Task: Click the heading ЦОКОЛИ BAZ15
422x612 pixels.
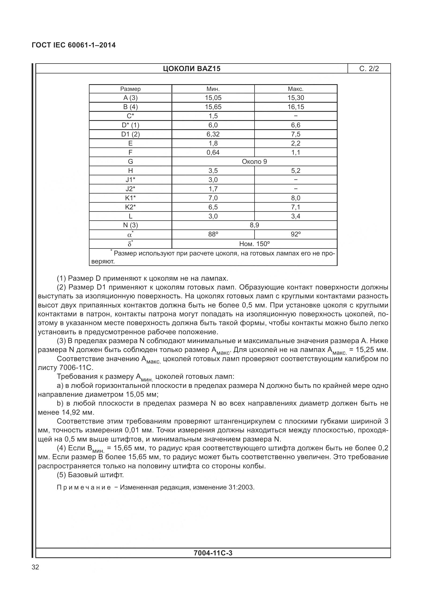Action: point(192,69)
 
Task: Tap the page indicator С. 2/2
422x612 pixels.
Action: point(369,69)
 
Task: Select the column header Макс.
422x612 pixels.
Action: point(296,89)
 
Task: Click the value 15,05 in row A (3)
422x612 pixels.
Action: point(213,98)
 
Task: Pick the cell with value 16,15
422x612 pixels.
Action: point(296,107)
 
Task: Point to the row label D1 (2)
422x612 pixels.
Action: point(130,134)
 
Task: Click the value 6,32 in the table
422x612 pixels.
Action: point(213,134)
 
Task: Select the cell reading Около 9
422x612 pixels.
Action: point(254,162)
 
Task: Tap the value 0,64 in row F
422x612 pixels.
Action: point(213,153)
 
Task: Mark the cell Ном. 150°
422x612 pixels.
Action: point(254,244)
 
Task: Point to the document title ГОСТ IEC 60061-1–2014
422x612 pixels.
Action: point(74,45)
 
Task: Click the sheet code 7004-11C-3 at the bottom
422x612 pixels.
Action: point(213,553)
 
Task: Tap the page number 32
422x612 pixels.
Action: point(35,567)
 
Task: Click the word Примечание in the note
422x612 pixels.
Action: point(84,487)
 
